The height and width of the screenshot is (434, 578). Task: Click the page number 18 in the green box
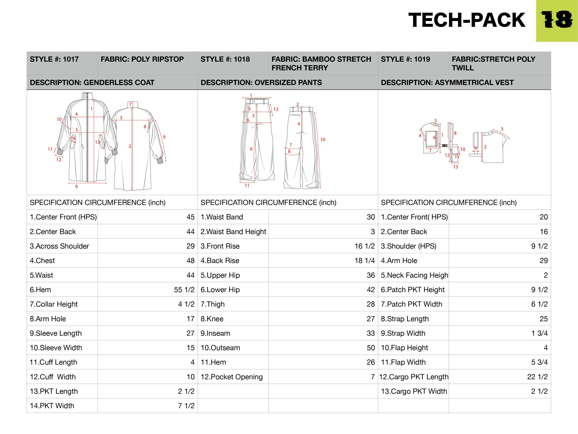pos(556,20)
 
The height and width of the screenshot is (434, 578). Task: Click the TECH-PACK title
pos(467,20)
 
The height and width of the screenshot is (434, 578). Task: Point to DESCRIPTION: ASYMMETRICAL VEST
pos(447,83)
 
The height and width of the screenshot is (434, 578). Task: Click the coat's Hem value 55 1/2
pos(184,290)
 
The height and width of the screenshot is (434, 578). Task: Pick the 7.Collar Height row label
pos(54,304)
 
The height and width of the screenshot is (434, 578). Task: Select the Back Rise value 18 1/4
pos(365,261)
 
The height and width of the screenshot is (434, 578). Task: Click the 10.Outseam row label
pos(220,348)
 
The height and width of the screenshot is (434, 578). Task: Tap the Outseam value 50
pos(371,348)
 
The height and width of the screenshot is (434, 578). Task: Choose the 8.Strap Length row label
pos(405,319)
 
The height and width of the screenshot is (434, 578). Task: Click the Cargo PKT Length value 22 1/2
pos(537,377)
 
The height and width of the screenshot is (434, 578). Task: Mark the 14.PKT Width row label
pos(52,406)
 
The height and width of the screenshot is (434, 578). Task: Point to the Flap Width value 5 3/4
pos(539,362)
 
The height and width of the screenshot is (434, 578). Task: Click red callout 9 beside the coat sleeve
pos(164,137)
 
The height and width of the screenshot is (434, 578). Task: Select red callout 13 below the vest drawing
pos(455,167)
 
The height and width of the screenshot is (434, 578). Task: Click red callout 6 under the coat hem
pos(77,186)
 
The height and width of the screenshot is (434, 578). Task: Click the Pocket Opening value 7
pos(373,377)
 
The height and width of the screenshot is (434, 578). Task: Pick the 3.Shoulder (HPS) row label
pos(409,246)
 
